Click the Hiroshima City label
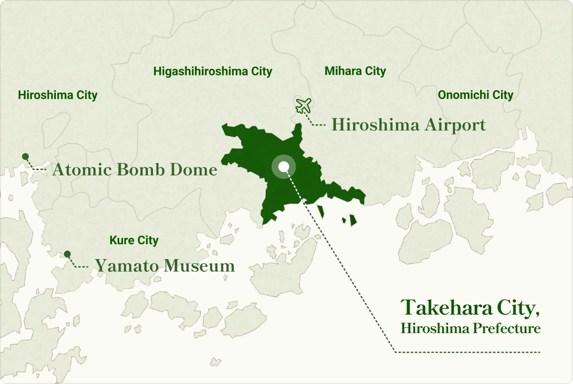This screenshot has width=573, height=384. click(x=58, y=95)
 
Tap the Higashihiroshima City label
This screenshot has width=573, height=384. click(x=213, y=71)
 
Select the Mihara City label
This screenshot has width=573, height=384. click(x=355, y=71)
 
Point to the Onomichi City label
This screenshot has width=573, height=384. click(x=475, y=95)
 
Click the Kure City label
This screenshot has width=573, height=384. click(x=134, y=241)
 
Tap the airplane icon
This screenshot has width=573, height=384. click(x=304, y=106)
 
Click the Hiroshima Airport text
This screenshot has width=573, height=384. click(x=408, y=125)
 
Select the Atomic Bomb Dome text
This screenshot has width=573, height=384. click(x=134, y=170)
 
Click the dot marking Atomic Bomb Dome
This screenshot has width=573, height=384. click(x=25, y=156)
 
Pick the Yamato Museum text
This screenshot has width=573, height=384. click(x=165, y=266)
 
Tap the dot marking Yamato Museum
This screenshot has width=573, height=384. click(x=67, y=254)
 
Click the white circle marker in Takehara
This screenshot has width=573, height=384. click(x=284, y=167)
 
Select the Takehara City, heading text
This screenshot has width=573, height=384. click(x=470, y=308)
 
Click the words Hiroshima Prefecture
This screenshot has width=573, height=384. click(x=470, y=328)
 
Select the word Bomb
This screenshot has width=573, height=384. click(x=140, y=170)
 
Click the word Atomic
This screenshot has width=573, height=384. click(x=82, y=170)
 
